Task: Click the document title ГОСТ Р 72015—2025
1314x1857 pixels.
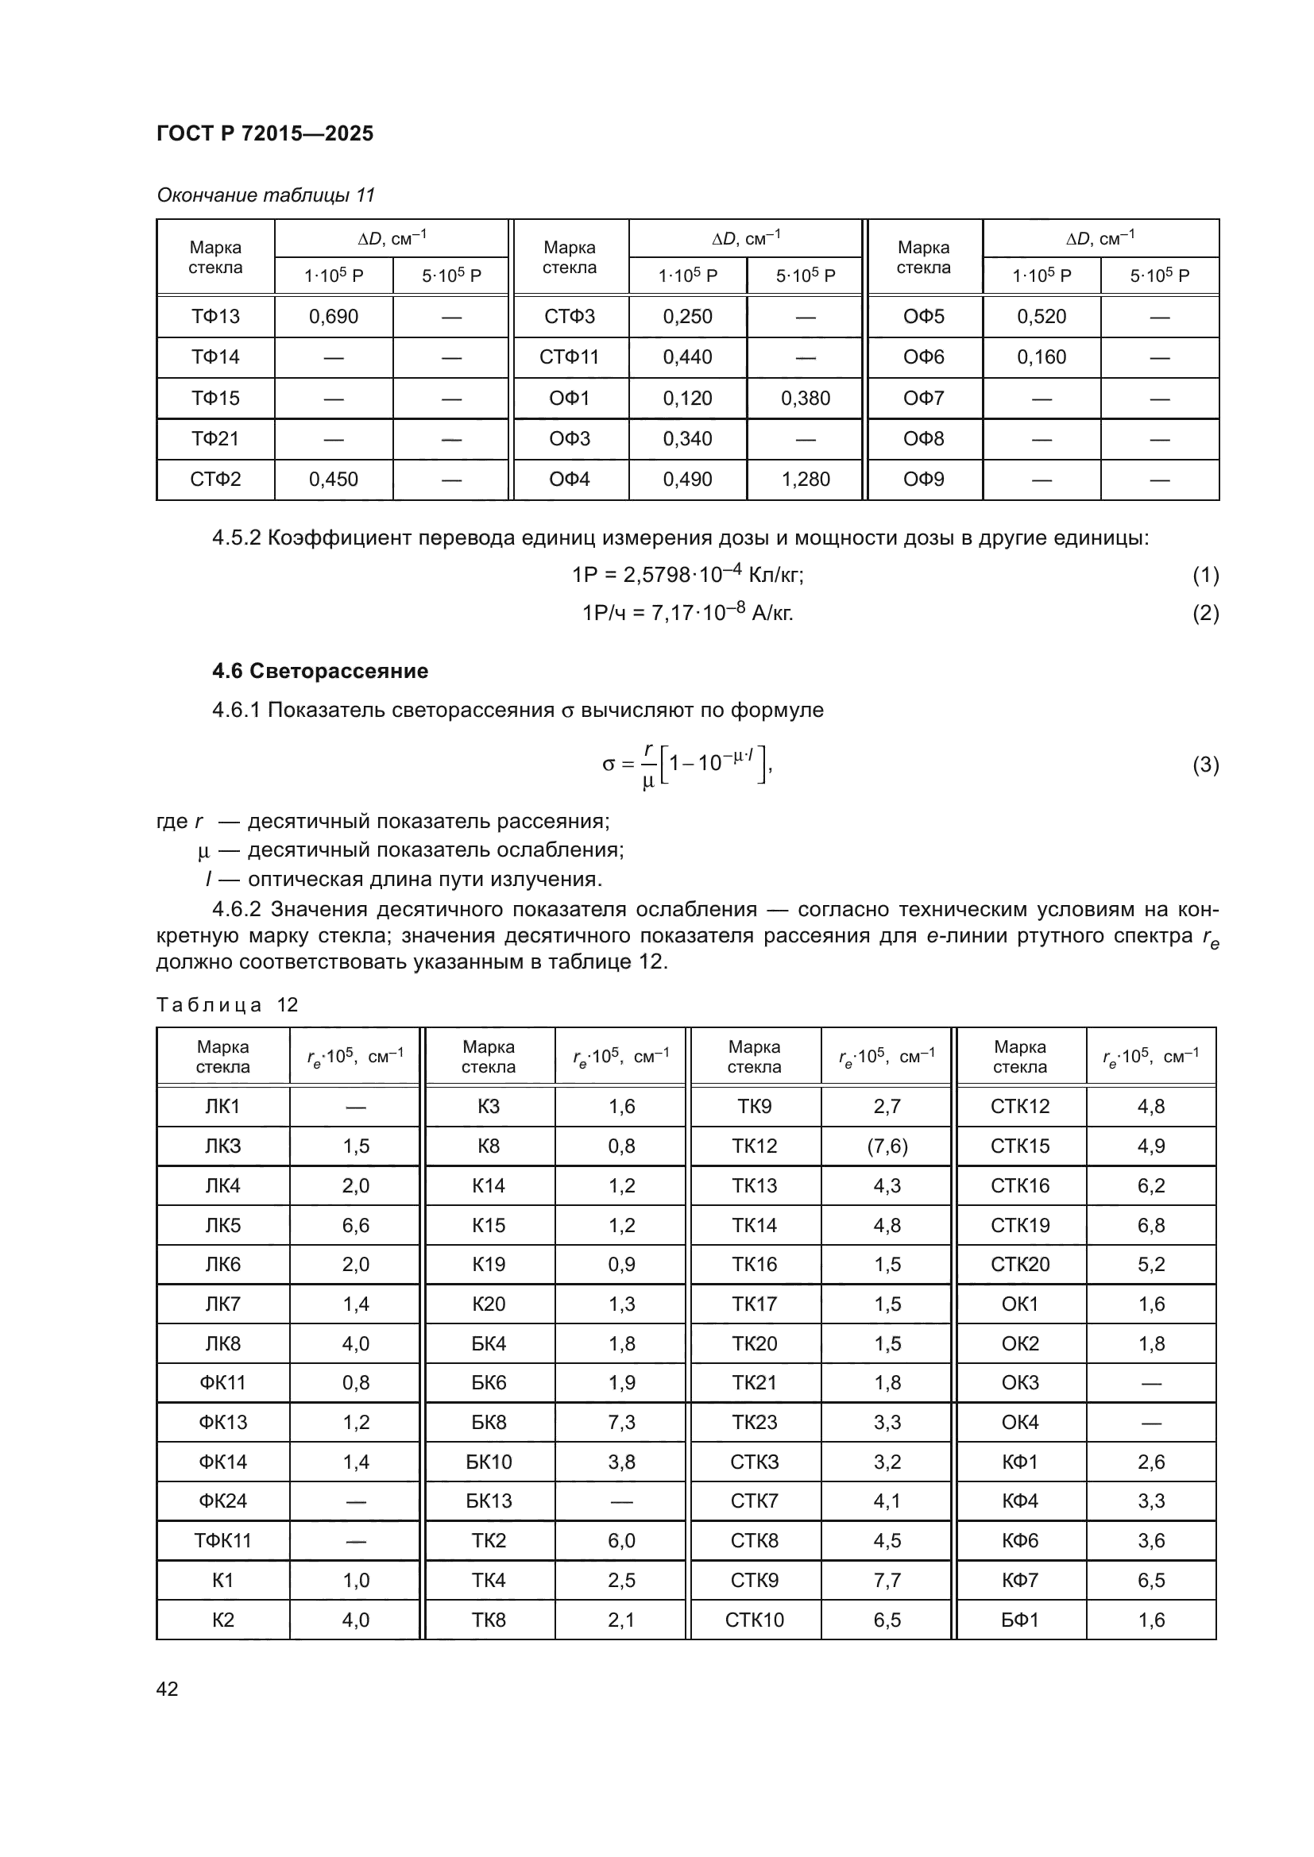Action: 265,133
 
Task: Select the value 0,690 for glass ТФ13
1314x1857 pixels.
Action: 334,317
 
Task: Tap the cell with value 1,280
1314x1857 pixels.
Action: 805,480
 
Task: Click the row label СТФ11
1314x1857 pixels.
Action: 569,357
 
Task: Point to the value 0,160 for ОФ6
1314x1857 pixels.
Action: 1042,357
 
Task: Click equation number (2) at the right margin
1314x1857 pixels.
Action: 1205,613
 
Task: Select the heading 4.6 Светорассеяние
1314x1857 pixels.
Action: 319,671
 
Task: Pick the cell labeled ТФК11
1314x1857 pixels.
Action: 222,1541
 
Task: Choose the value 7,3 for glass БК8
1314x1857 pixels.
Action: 621,1422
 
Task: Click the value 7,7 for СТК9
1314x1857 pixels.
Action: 887,1581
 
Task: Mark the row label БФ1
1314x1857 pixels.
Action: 1019,1620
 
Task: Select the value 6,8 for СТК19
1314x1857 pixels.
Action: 1150,1225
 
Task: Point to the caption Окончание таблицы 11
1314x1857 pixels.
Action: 265,195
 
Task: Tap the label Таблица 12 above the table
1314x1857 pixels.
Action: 227,1004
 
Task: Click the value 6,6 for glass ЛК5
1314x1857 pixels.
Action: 355,1225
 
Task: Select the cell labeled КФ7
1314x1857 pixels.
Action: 1019,1581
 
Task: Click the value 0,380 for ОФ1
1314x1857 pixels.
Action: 805,399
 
